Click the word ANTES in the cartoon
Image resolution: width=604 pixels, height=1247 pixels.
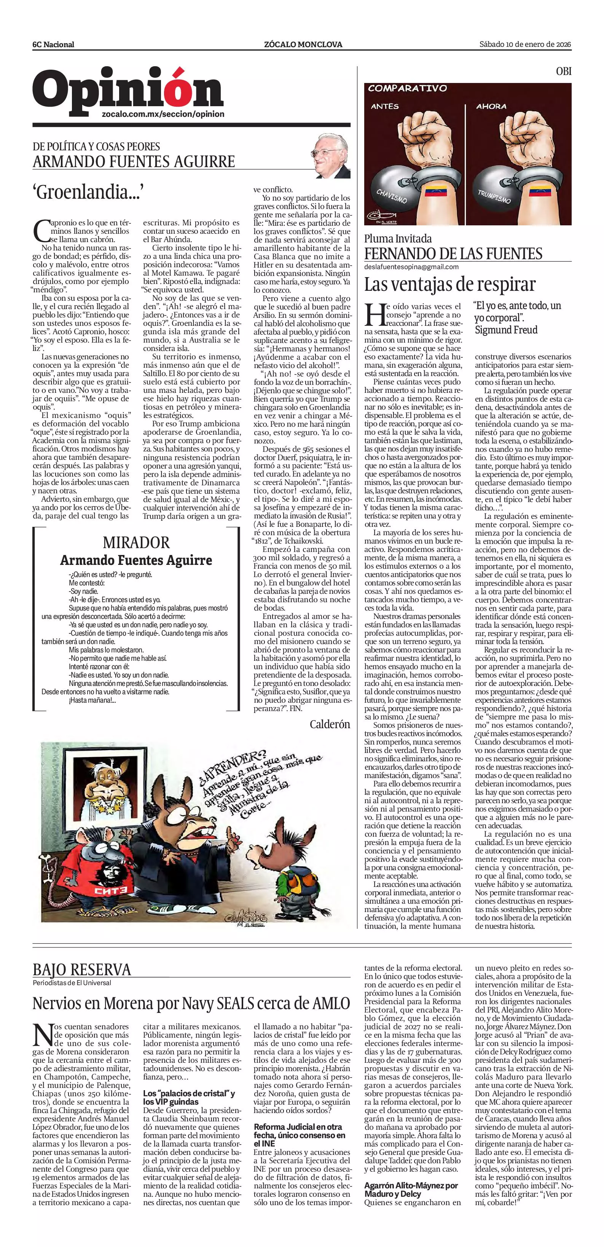tap(385, 107)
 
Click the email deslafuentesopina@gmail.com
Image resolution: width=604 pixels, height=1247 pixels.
tap(411, 267)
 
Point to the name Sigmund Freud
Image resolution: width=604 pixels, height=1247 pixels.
tap(506, 330)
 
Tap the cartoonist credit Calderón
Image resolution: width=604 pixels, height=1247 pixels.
tap(330, 724)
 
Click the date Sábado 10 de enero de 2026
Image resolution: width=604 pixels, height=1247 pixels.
tap(525, 45)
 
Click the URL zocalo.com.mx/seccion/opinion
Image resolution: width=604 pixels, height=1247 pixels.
tap(163, 114)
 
